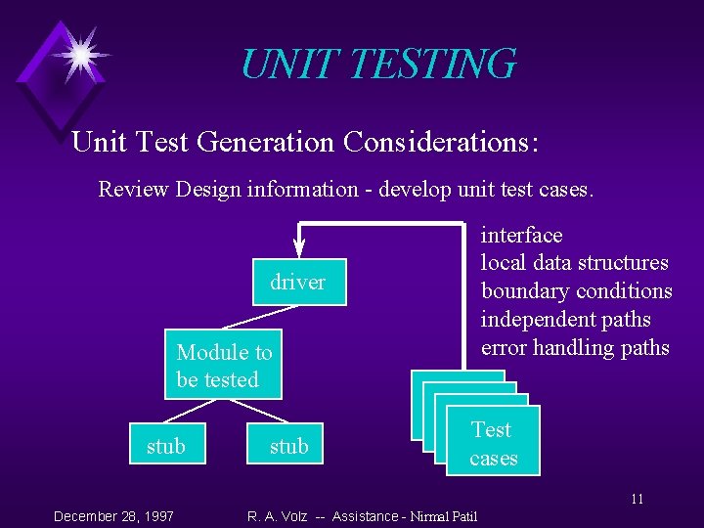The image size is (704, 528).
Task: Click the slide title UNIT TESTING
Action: point(377,65)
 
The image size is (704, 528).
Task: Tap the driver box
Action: point(298,283)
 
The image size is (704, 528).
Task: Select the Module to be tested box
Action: point(224,366)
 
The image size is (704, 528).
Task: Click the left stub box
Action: point(165,446)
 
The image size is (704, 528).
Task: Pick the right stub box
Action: point(288,446)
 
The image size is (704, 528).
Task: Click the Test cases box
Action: point(492,444)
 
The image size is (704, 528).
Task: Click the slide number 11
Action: point(637,500)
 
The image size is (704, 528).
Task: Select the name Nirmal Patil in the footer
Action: point(444,516)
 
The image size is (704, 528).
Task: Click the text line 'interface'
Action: point(521,236)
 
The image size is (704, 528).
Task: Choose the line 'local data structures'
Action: point(574,263)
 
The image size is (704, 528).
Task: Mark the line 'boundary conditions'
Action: point(576,291)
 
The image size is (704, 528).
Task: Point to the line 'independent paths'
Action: point(565,320)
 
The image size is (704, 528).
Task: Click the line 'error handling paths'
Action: point(574,348)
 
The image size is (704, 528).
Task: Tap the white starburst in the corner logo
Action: point(78,54)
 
